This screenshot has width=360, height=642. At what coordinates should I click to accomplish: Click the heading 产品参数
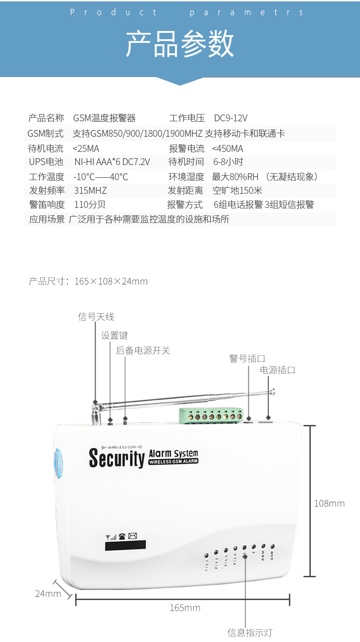pyautogui.click(x=180, y=44)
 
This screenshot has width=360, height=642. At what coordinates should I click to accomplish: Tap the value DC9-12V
pyautogui.click(x=231, y=118)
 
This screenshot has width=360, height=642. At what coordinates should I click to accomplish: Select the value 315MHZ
pyautogui.click(x=90, y=191)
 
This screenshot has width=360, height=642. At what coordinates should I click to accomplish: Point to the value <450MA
pyautogui.click(x=227, y=149)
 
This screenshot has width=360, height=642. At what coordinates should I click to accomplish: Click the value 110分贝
pyautogui.click(x=90, y=205)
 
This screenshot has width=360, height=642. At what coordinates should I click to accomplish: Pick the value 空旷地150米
pyautogui.click(x=237, y=191)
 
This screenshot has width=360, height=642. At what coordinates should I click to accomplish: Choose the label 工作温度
pyautogui.click(x=46, y=177)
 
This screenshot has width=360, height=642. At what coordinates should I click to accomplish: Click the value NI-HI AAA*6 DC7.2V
pyautogui.click(x=112, y=162)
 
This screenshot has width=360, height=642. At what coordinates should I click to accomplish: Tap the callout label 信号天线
pyautogui.click(x=96, y=316)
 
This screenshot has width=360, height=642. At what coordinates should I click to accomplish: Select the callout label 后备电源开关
pyautogui.click(x=143, y=350)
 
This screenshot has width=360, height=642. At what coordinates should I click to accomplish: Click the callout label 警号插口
pyautogui.click(x=247, y=358)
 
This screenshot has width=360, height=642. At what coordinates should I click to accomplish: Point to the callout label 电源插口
pyautogui.click(x=278, y=370)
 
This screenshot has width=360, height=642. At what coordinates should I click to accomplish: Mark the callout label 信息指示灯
pyautogui.click(x=250, y=632)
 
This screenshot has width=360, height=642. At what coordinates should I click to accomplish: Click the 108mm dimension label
pyautogui.click(x=329, y=503)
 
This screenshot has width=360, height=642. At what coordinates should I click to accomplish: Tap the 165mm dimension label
pyautogui.click(x=185, y=608)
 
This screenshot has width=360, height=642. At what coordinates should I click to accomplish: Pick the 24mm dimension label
pyautogui.click(x=48, y=594)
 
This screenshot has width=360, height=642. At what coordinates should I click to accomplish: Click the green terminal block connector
pyautogui.click(x=211, y=415)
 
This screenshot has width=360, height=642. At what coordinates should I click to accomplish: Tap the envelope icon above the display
pyautogui.click(x=133, y=536)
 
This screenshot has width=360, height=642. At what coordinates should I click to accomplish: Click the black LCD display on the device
pyautogui.click(x=125, y=545)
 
